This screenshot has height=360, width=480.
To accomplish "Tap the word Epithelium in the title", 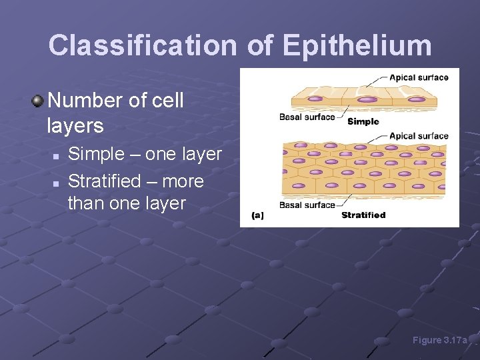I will click(357, 45).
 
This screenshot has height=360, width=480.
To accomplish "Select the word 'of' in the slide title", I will click(259, 45).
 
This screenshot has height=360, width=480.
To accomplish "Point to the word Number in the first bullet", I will click(85, 101).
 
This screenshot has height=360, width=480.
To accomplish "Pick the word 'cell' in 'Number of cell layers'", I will click(165, 101).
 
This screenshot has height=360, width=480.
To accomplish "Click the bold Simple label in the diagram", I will click(363, 121).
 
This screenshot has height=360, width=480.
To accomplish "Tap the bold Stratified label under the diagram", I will click(363, 215).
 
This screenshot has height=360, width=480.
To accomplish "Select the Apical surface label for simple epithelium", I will click(419, 77).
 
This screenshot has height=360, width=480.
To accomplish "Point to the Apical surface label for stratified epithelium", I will click(419, 136).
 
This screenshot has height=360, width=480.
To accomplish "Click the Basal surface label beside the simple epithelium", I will click(307, 117).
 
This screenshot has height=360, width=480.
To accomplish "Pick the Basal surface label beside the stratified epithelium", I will click(307, 205).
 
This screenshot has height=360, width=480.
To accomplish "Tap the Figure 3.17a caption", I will click(441, 341).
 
